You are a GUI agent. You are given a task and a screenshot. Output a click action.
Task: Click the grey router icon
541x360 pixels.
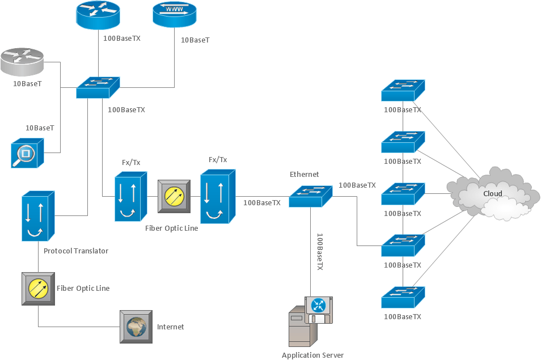point(23,61)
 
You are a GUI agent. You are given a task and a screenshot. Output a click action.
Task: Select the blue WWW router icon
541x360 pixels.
point(174,15)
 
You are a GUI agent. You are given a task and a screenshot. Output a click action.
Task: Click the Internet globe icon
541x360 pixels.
point(136,327)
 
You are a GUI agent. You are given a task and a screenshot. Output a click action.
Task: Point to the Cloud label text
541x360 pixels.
point(492,194)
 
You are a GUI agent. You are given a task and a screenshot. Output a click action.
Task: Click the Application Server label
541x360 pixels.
point(312,355)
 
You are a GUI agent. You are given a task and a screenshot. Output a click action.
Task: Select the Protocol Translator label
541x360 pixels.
point(76,251)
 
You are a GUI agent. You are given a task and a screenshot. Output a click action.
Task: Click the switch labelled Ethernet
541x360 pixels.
point(310,196)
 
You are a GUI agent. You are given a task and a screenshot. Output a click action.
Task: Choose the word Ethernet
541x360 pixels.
point(305,174)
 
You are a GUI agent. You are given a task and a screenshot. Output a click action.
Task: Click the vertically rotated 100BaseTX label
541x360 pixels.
point(319,251)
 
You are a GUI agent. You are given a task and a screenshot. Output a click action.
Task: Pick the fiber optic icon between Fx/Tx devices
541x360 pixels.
point(174,196)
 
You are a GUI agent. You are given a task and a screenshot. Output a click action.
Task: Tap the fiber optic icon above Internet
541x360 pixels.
point(38,289)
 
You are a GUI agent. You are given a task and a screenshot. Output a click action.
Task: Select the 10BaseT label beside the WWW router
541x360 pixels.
point(195,40)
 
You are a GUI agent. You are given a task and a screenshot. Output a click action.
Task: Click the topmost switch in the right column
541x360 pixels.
point(403,90)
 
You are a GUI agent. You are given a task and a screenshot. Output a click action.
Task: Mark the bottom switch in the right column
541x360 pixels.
point(403,297)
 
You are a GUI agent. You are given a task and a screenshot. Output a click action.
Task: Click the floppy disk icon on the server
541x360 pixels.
point(318,310)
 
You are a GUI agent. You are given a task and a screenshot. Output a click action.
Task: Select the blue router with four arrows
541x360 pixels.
point(98,15)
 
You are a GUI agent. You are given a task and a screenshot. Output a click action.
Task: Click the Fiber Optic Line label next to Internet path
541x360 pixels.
point(83,289)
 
